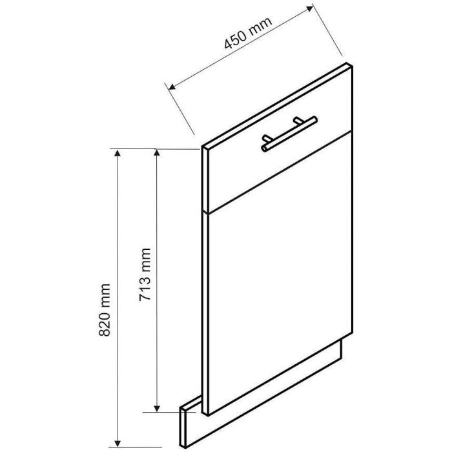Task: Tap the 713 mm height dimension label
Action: click(x=145, y=274)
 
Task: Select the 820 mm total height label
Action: click(x=105, y=310)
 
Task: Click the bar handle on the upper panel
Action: click(x=289, y=134)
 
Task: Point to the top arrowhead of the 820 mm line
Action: click(x=117, y=153)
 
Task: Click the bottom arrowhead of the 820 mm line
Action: click(x=117, y=444)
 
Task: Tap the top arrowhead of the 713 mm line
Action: click(x=157, y=153)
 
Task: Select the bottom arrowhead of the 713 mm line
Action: click(x=157, y=409)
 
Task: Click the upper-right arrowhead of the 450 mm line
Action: click(x=309, y=8)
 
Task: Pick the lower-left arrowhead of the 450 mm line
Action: click(x=172, y=87)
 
